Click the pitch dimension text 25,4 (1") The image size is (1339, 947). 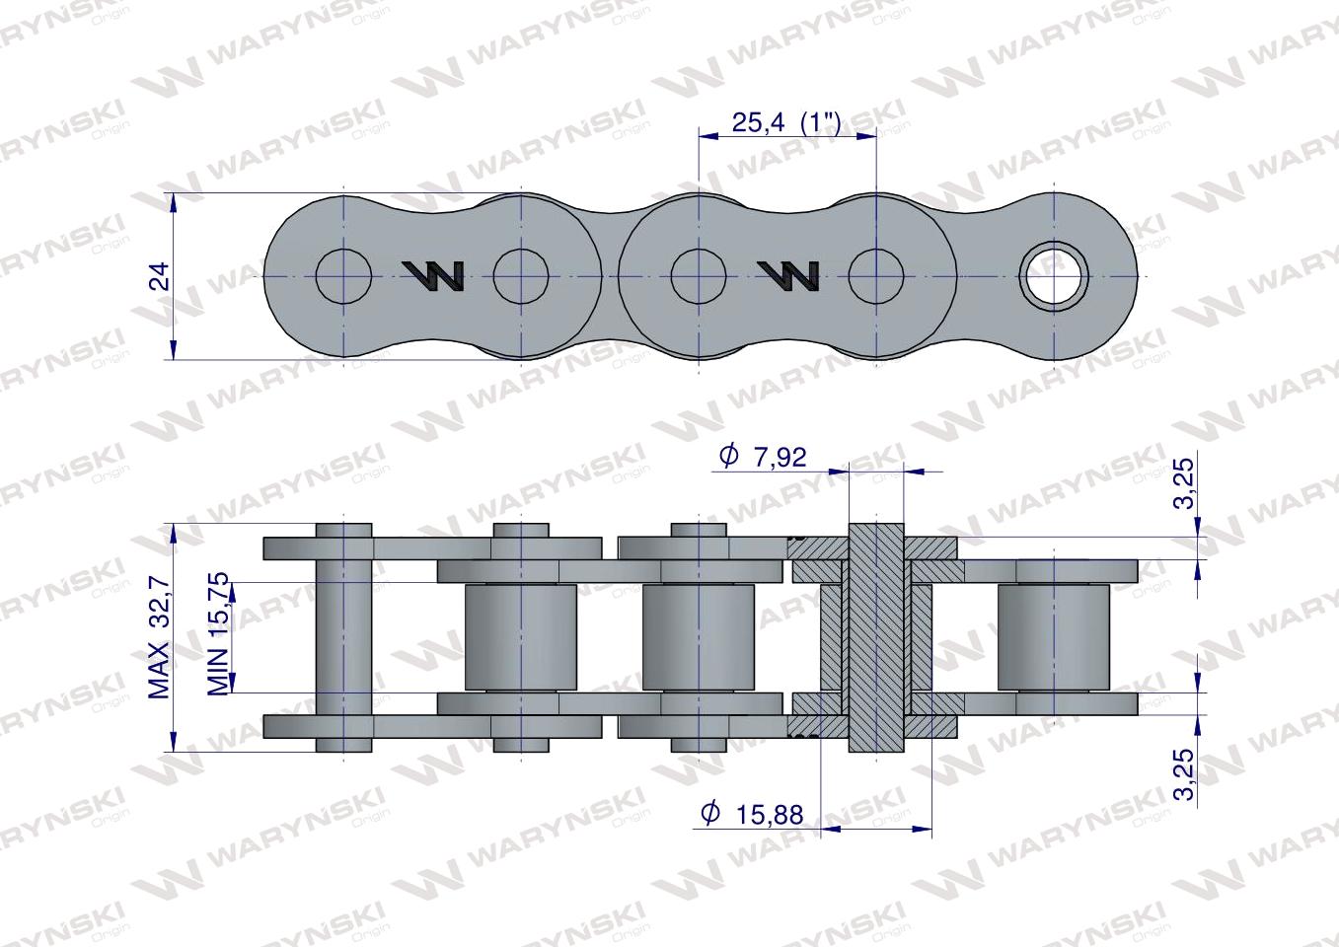pyautogui.click(x=785, y=122)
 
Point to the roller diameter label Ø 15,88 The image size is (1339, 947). pyautogui.click(x=752, y=813)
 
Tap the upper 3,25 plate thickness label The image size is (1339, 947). pyautogui.click(x=1186, y=482)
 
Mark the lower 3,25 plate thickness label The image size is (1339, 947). pyautogui.click(x=1186, y=775)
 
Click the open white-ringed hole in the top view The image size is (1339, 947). pyautogui.click(x=1054, y=276)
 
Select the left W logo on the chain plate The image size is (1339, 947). pyautogui.click(x=433, y=277)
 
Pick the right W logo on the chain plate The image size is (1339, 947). pyautogui.click(x=787, y=277)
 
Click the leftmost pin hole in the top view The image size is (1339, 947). pyautogui.click(x=344, y=276)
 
